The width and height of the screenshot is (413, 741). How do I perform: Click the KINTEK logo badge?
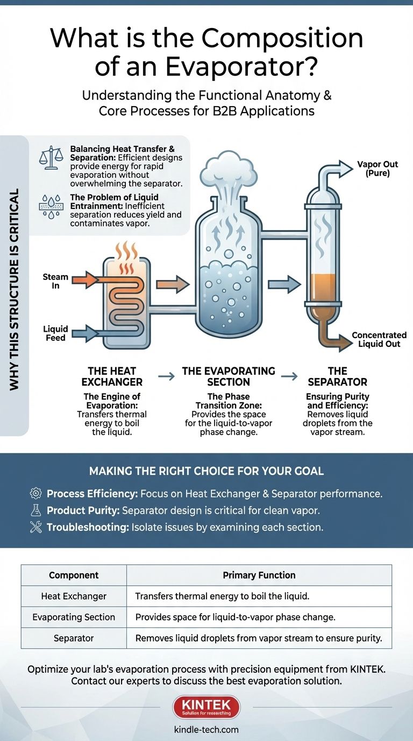(x=206, y=706)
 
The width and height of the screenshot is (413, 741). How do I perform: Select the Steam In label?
(x=55, y=281)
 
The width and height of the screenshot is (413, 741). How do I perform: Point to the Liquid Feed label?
(x=55, y=333)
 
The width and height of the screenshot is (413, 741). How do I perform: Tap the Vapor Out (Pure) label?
(x=377, y=169)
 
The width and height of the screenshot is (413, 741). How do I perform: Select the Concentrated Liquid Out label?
(x=379, y=339)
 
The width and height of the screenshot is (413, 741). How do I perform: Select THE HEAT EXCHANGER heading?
(x=112, y=376)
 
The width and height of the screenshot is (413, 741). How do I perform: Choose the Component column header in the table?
(x=74, y=575)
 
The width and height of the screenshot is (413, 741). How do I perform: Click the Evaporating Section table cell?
(x=74, y=617)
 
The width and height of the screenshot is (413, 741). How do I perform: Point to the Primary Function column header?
(x=259, y=575)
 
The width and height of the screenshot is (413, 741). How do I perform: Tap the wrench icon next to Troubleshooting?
(x=36, y=527)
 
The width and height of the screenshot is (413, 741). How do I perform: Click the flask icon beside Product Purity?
(x=36, y=511)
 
